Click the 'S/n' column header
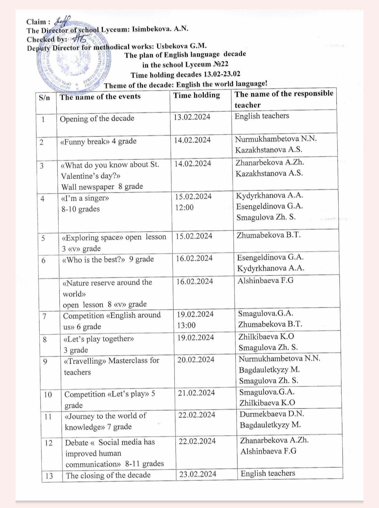(x=45, y=97)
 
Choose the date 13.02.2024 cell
(x=192, y=117)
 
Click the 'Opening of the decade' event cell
(x=97, y=118)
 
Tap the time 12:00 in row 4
(x=184, y=208)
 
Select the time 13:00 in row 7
(x=186, y=325)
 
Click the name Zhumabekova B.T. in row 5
(x=268, y=235)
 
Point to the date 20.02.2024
(x=196, y=360)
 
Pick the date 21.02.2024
(x=196, y=393)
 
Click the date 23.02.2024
(x=198, y=474)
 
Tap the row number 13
(x=49, y=476)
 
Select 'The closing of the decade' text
(x=108, y=475)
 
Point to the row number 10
(x=48, y=395)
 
